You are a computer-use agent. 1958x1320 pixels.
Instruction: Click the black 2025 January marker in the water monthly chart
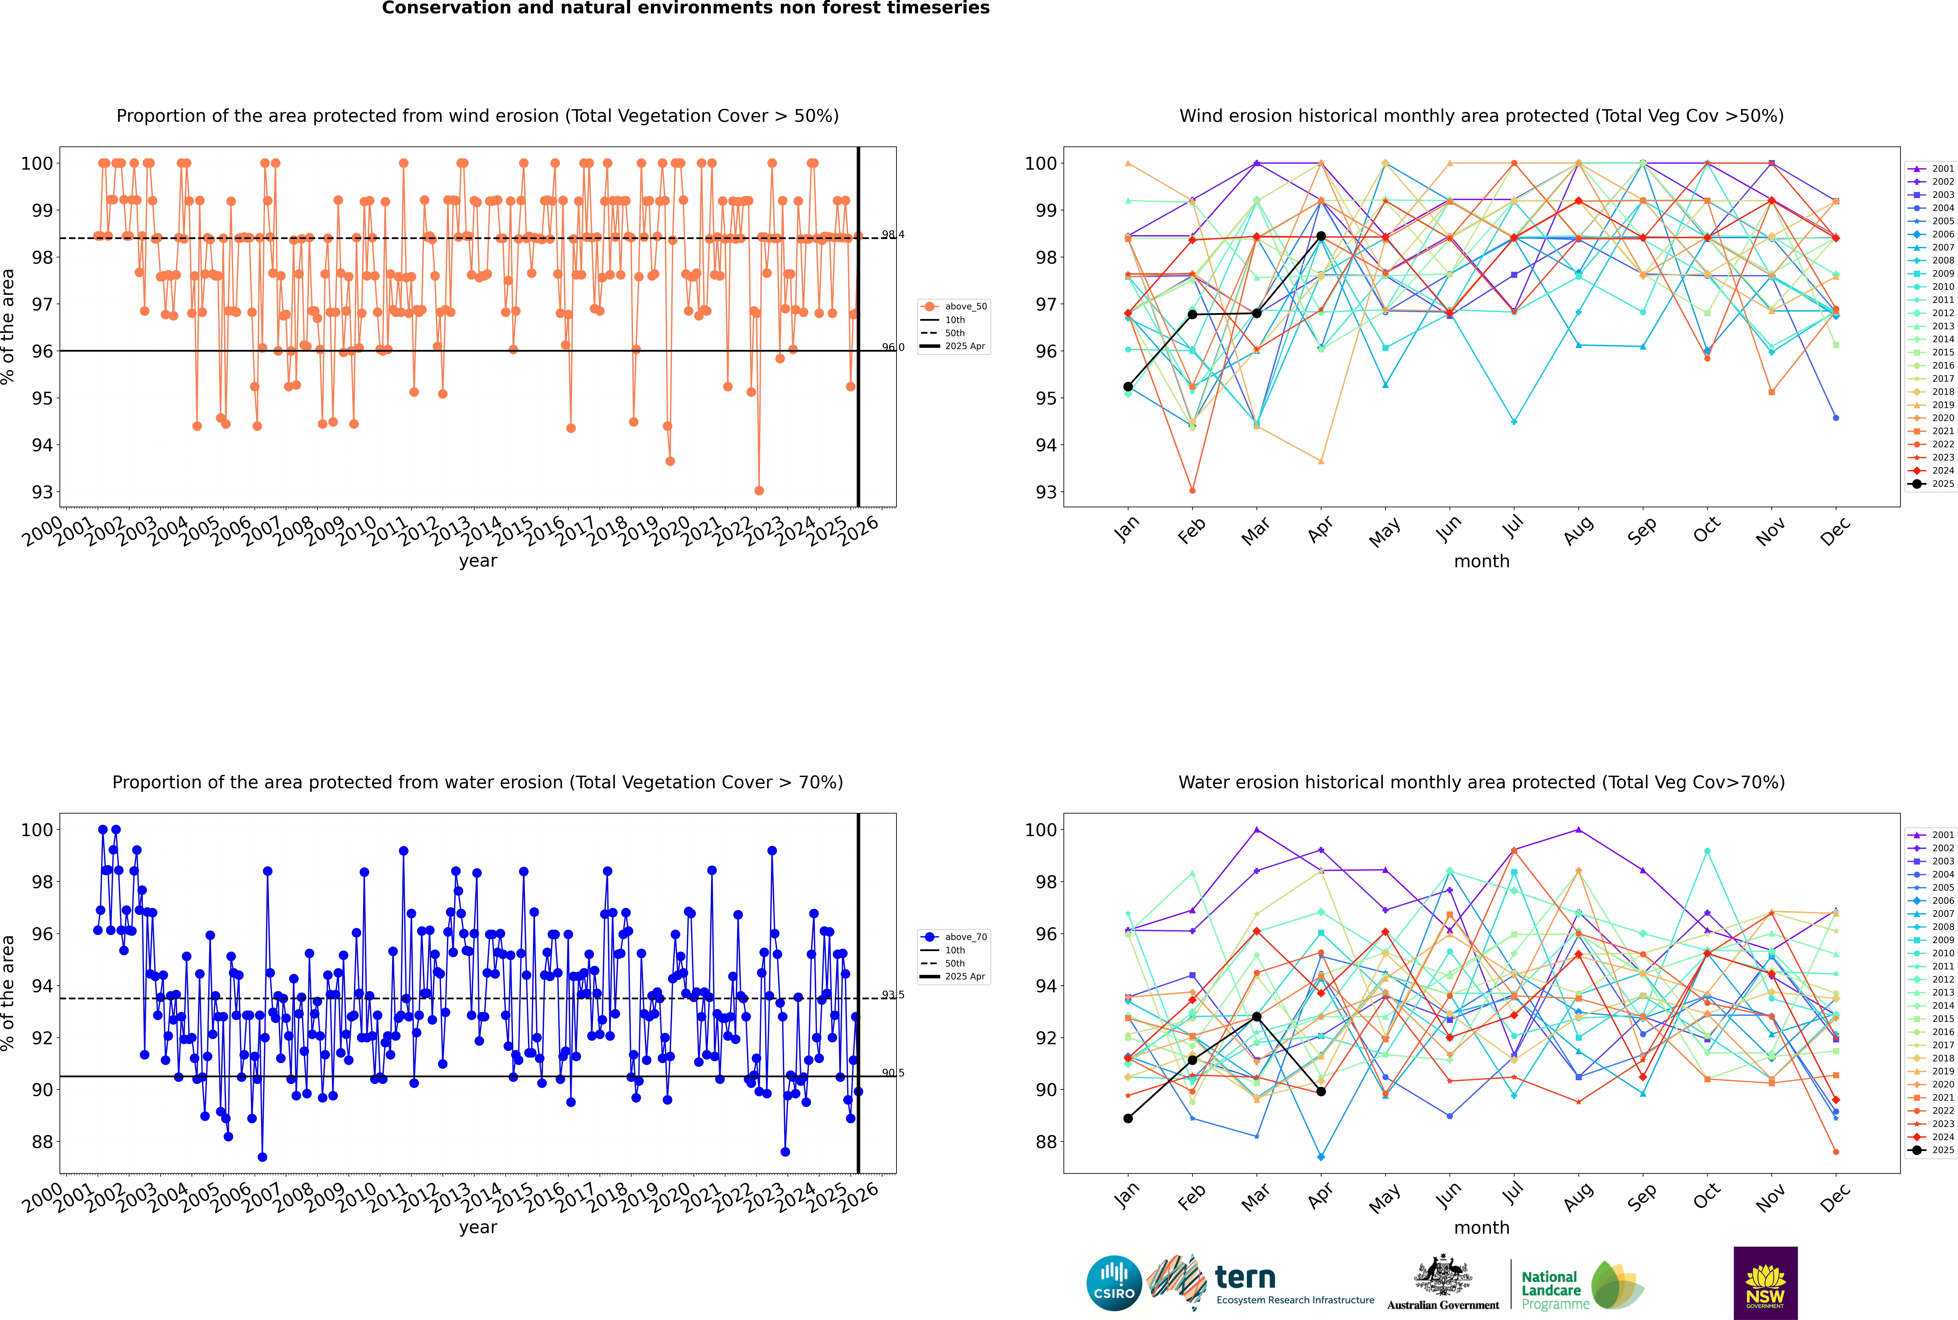coord(1128,1118)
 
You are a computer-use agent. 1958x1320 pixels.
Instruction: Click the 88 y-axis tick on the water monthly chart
coord(1045,1142)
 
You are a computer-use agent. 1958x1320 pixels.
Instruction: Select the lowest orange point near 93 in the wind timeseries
coord(759,490)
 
